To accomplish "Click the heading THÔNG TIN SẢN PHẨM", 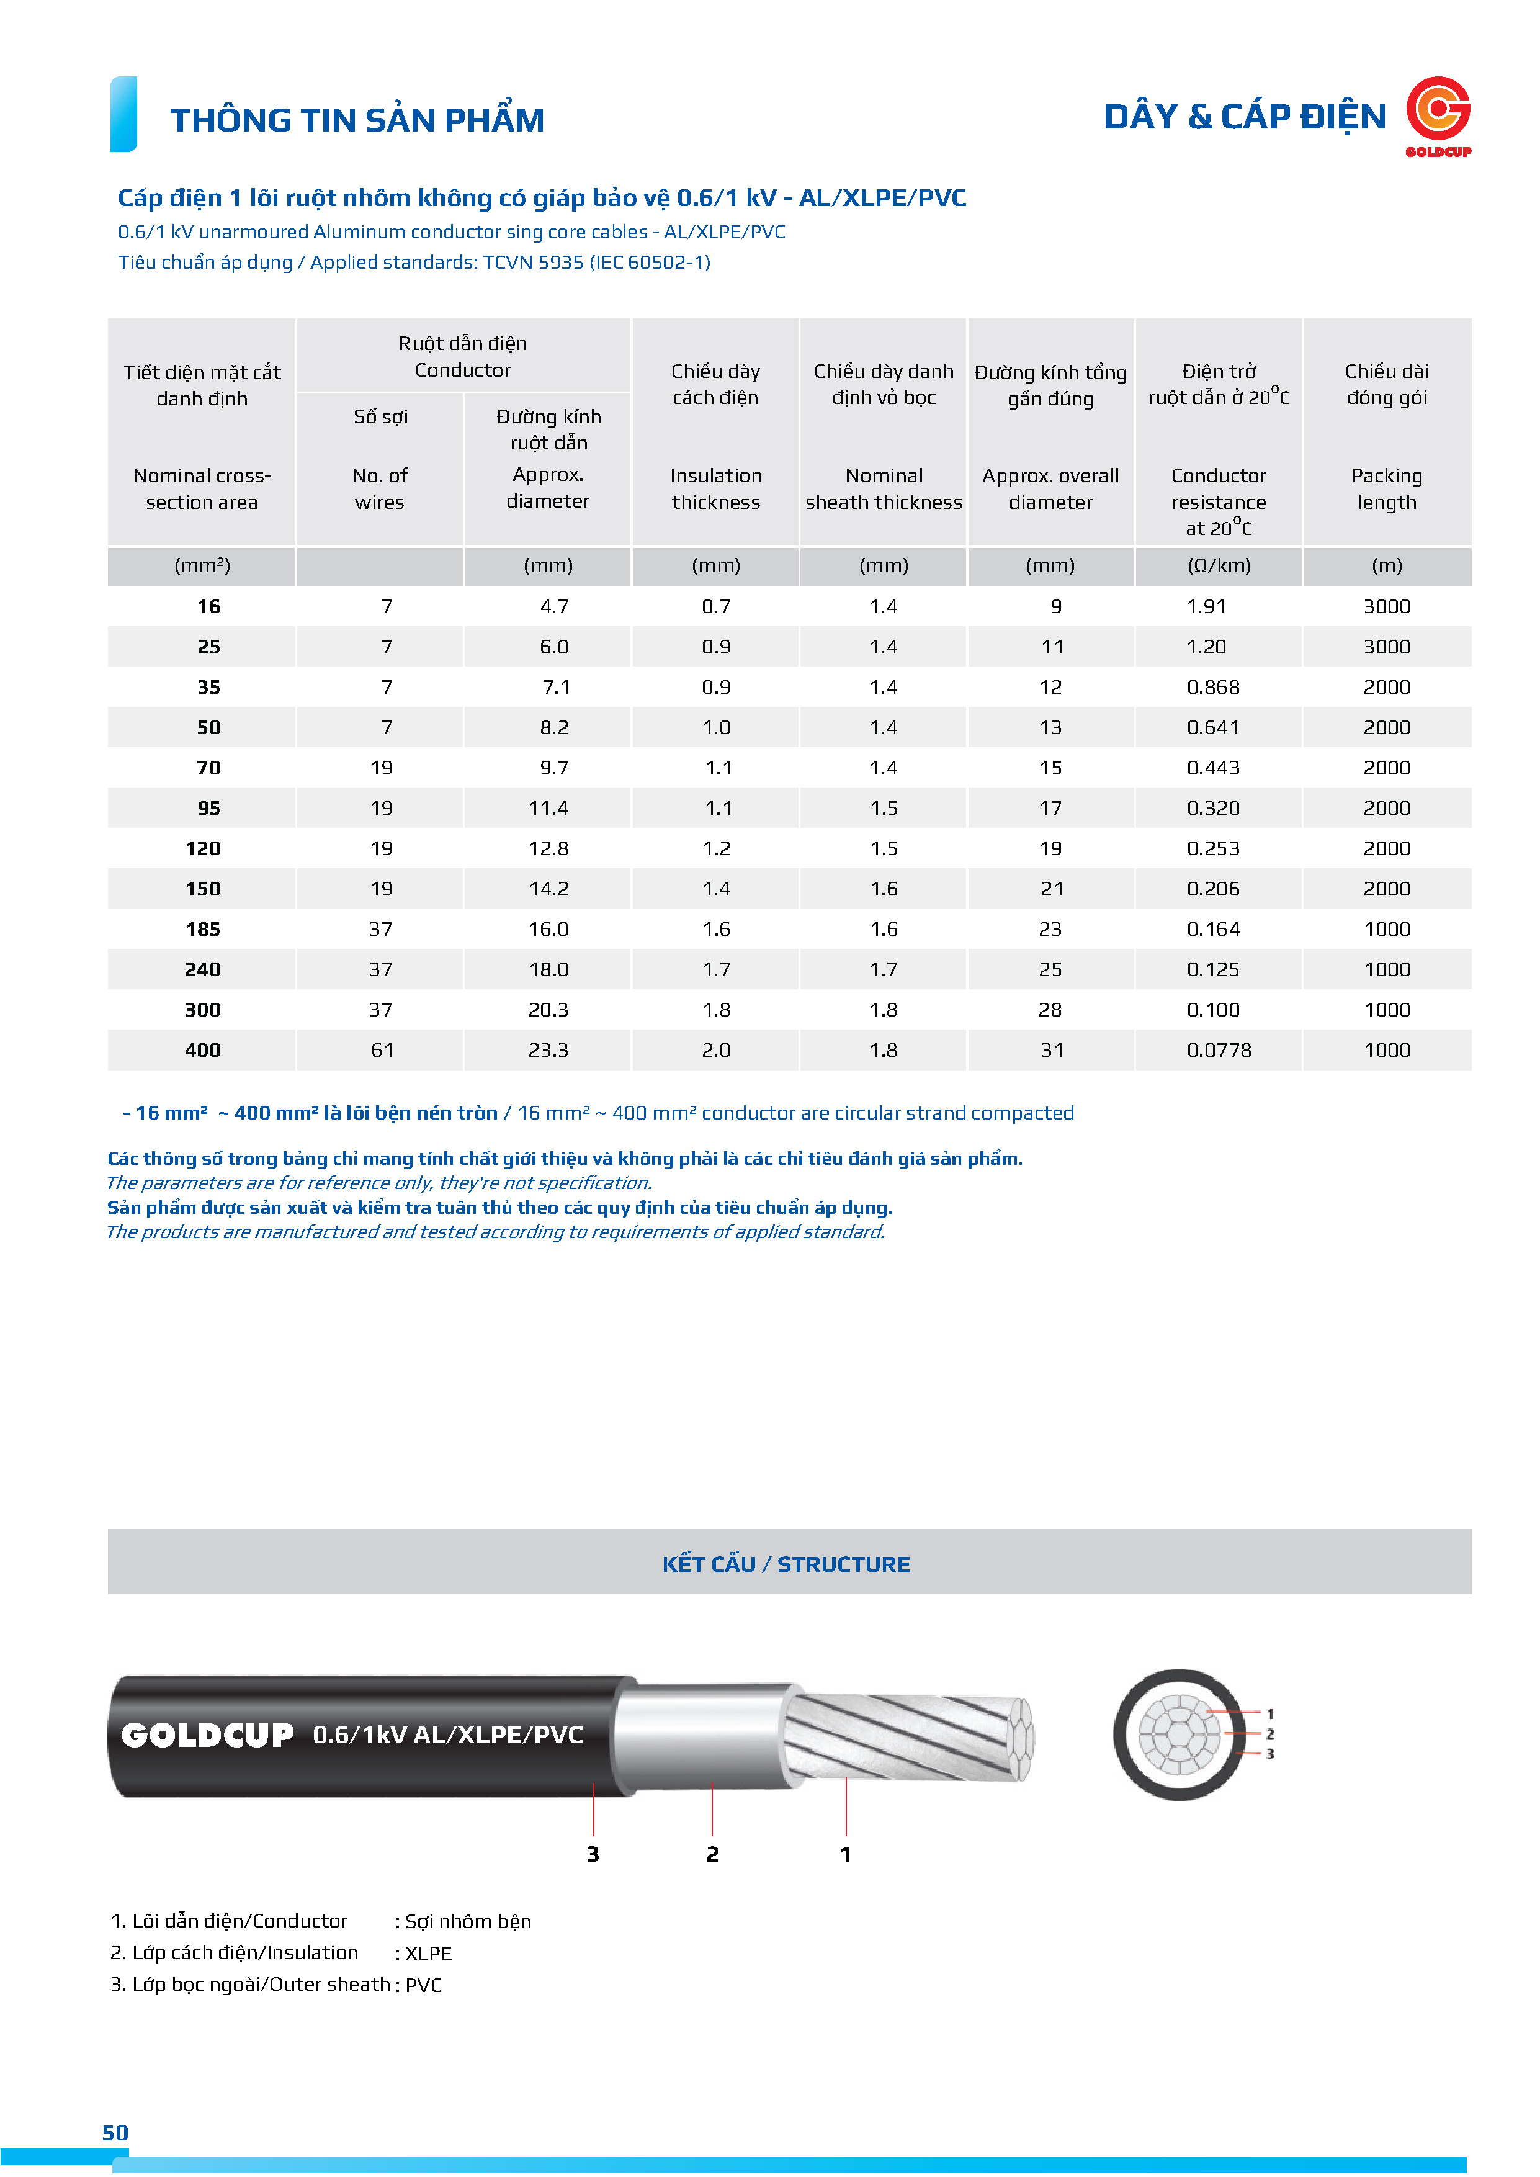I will pos(357,120).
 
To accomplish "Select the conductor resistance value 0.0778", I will pos(1219,1051).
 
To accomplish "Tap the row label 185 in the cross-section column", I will pos(203,929).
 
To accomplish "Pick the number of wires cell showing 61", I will pos(381,1051).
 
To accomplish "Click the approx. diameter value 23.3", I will pos(548,1051).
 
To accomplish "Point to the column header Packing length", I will pos(1386,488).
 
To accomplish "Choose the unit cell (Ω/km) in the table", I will pos(1219,566).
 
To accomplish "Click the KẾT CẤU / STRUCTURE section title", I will pos(786,1564).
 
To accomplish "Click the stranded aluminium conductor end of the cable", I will pos(910,1737).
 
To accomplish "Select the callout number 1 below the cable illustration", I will pos(845,1855).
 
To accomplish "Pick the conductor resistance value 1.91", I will pos(1206,607).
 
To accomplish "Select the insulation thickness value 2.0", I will pos(716,1051).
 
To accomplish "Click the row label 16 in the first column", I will pos(208,607).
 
